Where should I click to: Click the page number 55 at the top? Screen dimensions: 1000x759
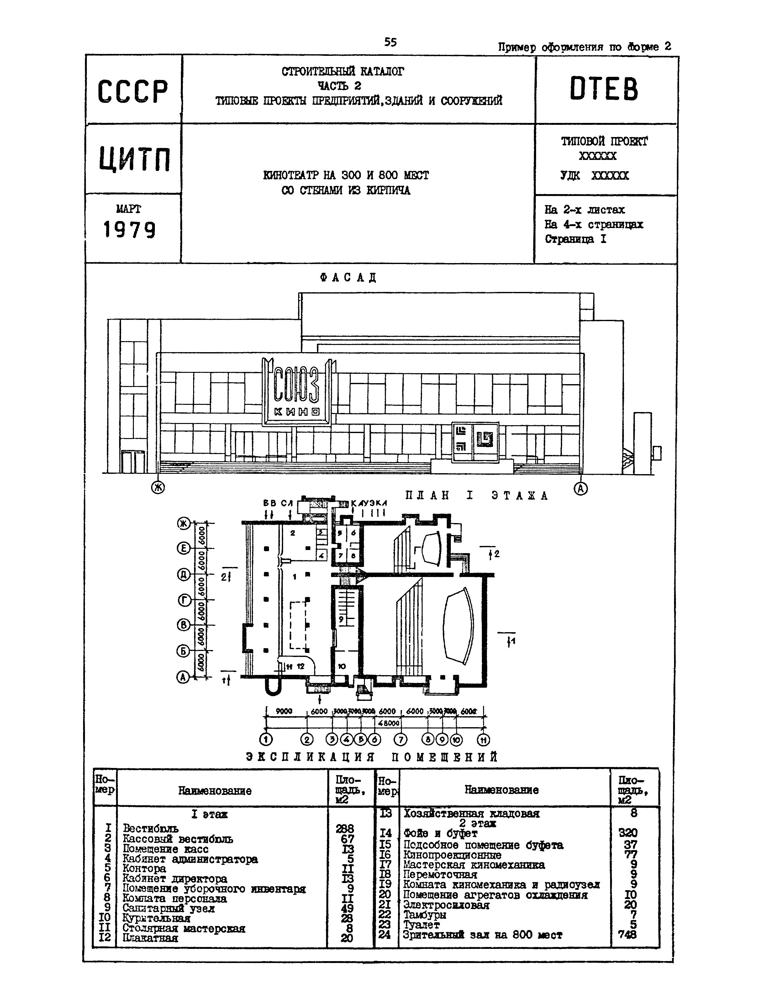tap(390, 42)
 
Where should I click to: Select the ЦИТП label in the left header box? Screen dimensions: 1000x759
tap(134, 159)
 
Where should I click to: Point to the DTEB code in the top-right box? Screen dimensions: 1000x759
tap(604, 89)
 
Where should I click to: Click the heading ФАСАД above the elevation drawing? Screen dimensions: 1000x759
tap(348, 277)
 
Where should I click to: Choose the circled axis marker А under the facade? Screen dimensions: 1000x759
tap(581, 488)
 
